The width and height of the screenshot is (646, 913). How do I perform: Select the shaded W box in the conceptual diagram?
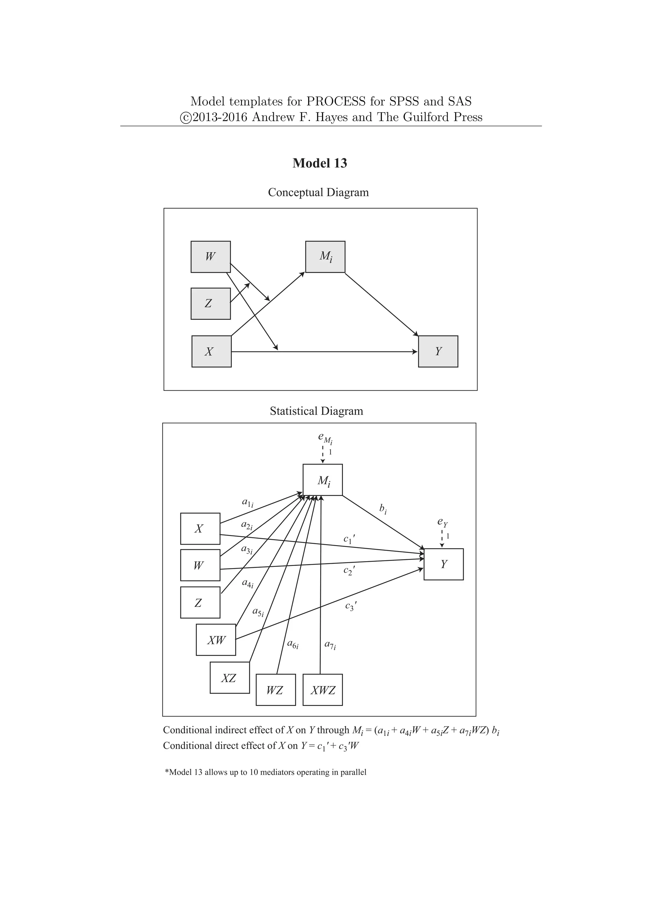click(210, 257)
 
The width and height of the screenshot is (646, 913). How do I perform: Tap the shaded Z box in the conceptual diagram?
click(210, 304)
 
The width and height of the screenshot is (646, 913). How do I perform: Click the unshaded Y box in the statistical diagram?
click(443, 564)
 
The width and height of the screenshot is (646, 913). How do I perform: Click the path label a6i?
click(293, 644)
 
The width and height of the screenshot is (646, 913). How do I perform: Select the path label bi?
click(383, 509)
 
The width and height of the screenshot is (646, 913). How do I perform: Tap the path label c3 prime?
click(350, 607)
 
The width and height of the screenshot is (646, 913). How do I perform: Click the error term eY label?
click(442, 522)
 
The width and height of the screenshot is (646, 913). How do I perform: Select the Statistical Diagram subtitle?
click(316, 411)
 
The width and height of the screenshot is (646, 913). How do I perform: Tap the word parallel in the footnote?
click(353, 772)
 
